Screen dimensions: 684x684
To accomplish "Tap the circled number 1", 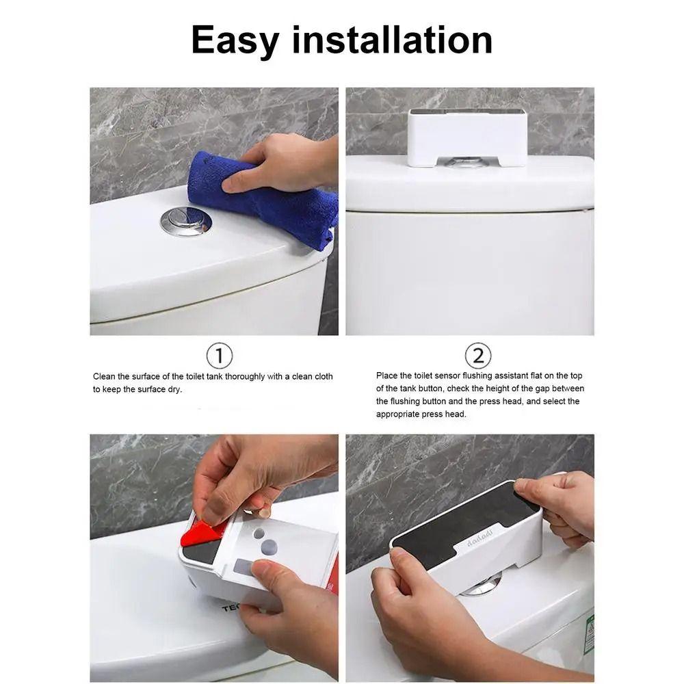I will tap(219, 356).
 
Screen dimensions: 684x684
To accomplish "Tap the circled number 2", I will tap(478, 356).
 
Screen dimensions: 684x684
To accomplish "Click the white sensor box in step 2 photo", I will tap(468, 137).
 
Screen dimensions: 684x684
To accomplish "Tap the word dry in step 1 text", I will tap(175, 390).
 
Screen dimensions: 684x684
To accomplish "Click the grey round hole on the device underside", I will tap(269, 547).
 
